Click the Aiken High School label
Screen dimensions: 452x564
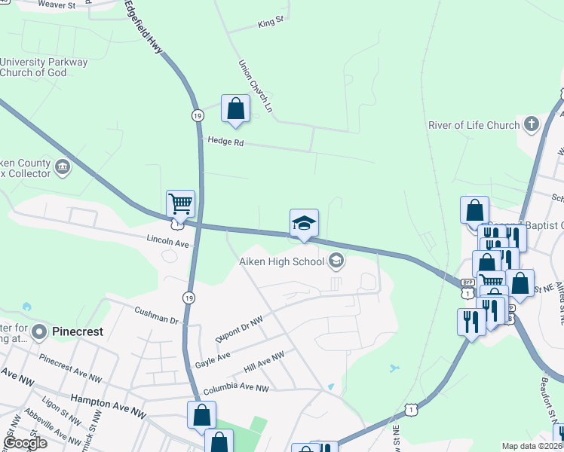(x=281, y=261)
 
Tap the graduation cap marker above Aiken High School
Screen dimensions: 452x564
(x=304, y=224)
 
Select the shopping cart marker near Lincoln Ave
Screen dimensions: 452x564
(x=181, y=203)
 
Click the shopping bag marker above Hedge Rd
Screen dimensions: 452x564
(x=236, y=108)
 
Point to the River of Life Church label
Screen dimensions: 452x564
(x=475, y=125)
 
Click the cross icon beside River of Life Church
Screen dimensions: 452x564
(x=532, y=124)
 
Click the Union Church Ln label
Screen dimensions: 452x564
(x=255, y=87)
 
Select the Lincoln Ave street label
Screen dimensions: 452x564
(x=167, y=243)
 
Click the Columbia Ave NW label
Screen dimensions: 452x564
(x=236, y=389)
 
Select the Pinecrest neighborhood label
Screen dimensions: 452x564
(x=77, y=331)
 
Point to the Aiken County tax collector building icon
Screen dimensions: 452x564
(x=63, y=166)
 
